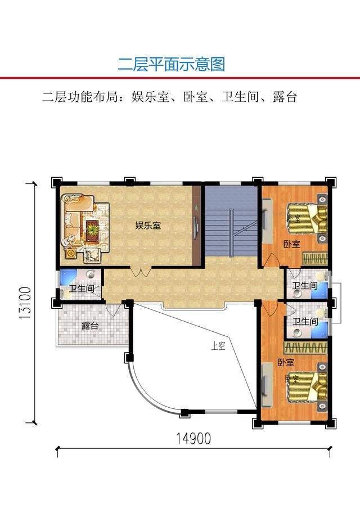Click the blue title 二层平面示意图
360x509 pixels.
coord(171,64)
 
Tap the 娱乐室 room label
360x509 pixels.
coord(148,226)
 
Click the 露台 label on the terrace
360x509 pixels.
coord(90,326)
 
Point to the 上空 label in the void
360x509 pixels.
coord(218,346)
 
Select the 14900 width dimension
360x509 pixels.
coord(193,439)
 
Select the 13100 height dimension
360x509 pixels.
coord(25,303)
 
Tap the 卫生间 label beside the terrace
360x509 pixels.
coord(82,288)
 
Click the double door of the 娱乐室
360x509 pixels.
coord(141,272)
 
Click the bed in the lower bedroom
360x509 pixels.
coord(307,387)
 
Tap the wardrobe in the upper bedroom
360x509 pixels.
coord(315,259)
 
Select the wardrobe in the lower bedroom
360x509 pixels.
coord(306,348)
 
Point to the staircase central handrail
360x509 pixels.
coord(231,233)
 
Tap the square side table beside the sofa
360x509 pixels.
coord(71,253)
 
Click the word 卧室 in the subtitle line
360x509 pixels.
coord(195,97)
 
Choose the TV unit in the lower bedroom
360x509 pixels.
coord(267,384)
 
